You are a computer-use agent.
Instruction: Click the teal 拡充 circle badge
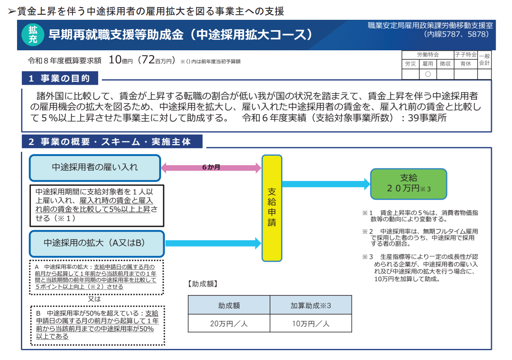pyautogui.click(x=34, y=35)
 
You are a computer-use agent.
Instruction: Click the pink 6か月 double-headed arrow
pyautogui.click(x=211, y=168)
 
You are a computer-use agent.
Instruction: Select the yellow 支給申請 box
pyautogui.click(x=272, y=208)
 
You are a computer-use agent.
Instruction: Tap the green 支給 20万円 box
pyautogui.click(x=408, y=184)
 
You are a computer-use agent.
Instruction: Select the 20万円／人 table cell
pyautogui.click(x=229, y=323)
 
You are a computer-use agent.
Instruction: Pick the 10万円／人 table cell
pyautogui.click(x=311, y=323)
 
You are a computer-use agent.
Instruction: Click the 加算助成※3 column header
pyautogui.click(x=311, y=305)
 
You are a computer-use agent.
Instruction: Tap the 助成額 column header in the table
pyautogui.click(x=229, y=305)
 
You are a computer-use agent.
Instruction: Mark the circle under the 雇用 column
pyautogui.click(x=428, y=74)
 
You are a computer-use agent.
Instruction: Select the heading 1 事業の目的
pyautogui.click(x=59, y=78)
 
